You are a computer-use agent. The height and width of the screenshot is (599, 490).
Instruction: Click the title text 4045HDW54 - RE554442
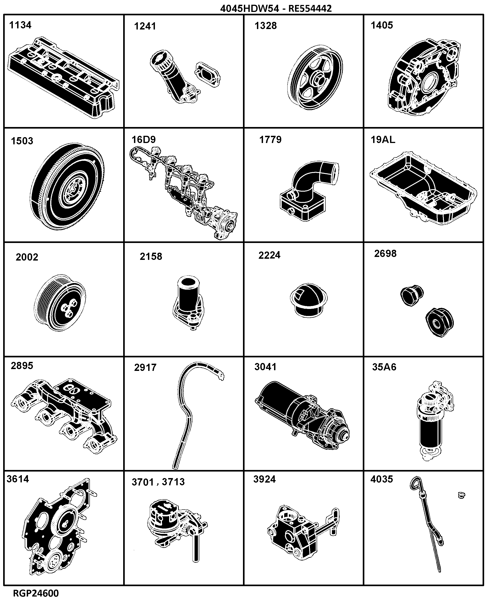click(x=276, y=9)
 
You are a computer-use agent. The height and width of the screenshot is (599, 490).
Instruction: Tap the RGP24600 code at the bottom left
click(x=36, y=593)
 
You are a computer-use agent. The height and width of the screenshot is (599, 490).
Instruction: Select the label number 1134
click(x=20, y=25)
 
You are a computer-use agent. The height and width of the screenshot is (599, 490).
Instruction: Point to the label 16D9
click(x=144, y=139)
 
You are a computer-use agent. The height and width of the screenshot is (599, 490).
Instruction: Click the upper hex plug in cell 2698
click(x=412, y=295)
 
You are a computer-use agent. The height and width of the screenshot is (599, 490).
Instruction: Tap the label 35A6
click(x=384, y=367)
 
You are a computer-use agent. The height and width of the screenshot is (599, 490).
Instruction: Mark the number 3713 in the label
click(x=173, y=482)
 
